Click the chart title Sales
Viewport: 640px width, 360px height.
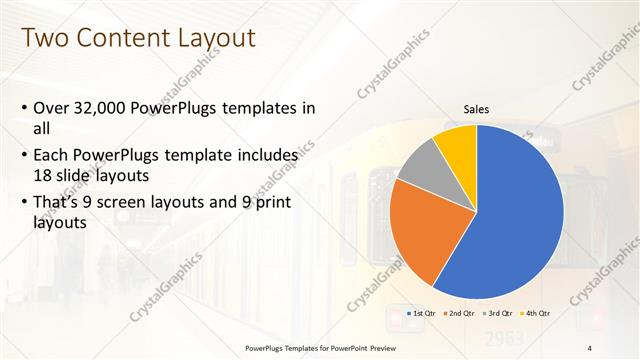(x=476, y=110)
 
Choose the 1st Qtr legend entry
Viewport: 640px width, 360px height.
(x=419, y=313)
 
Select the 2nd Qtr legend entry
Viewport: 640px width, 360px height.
(x=459, y=313)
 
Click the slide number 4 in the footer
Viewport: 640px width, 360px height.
(x=590, y=348)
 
